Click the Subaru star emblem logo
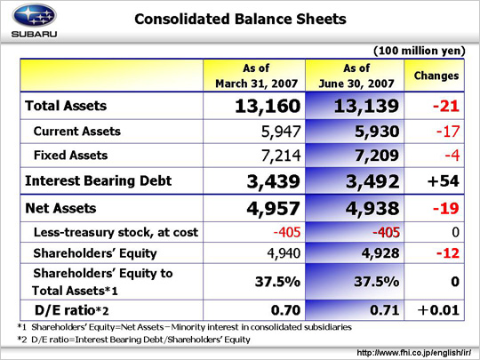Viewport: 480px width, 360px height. coord(34,15)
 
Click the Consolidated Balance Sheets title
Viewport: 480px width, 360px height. coord(240,19)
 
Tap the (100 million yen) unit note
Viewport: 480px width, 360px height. coord(419,51)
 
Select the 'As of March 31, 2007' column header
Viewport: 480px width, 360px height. coord(256,76)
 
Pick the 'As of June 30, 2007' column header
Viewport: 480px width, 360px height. coord(356,76)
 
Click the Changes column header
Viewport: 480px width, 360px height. coord(436,76)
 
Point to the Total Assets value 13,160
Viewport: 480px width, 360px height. coord(268,107)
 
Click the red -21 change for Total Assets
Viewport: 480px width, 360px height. coord(446,107)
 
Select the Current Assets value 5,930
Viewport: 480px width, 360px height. coord(377,132)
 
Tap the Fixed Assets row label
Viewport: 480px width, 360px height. coord(71,156)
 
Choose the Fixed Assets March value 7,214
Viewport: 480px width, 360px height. coord(281,156)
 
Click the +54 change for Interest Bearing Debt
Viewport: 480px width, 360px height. coord(444,181)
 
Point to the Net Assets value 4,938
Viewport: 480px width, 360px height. coord(372,209)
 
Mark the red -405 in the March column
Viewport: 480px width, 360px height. coord(287,232)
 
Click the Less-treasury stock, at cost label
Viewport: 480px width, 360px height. coord(116,232)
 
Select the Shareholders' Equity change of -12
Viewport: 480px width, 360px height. coord(448,253)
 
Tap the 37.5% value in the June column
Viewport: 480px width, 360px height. coord(377,282)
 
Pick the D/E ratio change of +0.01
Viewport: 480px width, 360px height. coord(438,310)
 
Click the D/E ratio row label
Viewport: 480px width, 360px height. coord(72,310)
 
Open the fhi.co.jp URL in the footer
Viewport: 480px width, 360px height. coord(414,353)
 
